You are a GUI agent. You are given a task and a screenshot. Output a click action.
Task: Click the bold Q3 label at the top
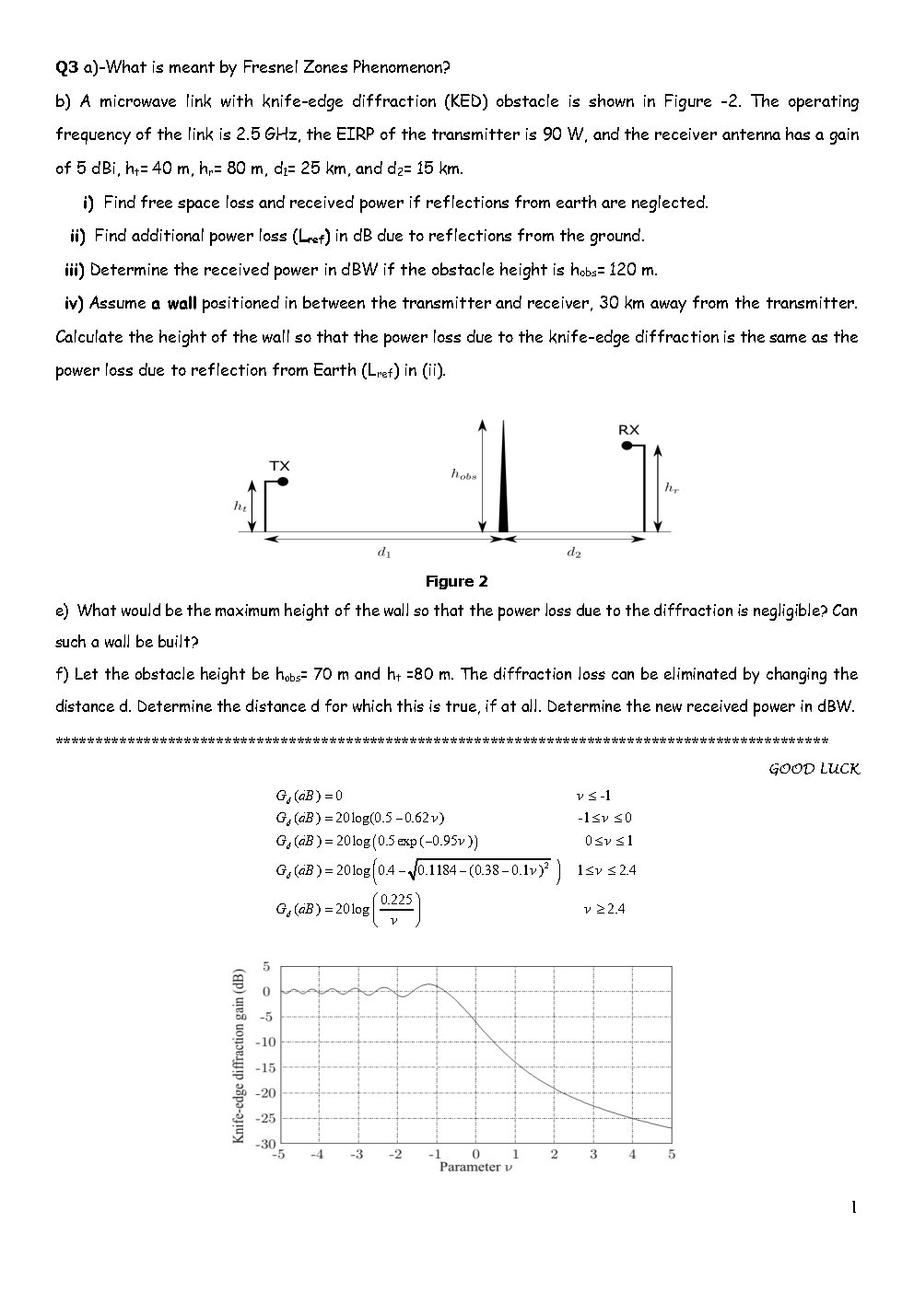[67, 67]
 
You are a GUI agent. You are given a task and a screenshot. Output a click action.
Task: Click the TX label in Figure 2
[279, 466]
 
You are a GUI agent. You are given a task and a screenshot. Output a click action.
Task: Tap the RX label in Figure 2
[628, 430]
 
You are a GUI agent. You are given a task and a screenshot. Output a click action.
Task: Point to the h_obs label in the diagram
[463, 474]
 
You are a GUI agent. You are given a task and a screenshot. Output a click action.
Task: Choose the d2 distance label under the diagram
[573, 553]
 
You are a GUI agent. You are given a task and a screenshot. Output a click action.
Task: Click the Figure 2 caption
[456, 582]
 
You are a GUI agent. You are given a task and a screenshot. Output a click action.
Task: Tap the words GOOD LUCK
[814, 770]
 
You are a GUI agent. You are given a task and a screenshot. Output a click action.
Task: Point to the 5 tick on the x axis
[672, 1155]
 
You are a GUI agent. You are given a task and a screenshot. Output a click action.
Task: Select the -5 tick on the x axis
[277, 1155]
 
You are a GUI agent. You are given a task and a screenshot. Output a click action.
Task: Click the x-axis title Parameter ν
[475, 1168]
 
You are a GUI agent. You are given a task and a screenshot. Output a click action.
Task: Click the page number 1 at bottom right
[853, 1207]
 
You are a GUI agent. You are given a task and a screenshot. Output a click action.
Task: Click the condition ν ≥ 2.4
[604, 909]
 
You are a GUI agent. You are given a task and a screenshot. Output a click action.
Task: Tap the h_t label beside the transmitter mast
[240, 506]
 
